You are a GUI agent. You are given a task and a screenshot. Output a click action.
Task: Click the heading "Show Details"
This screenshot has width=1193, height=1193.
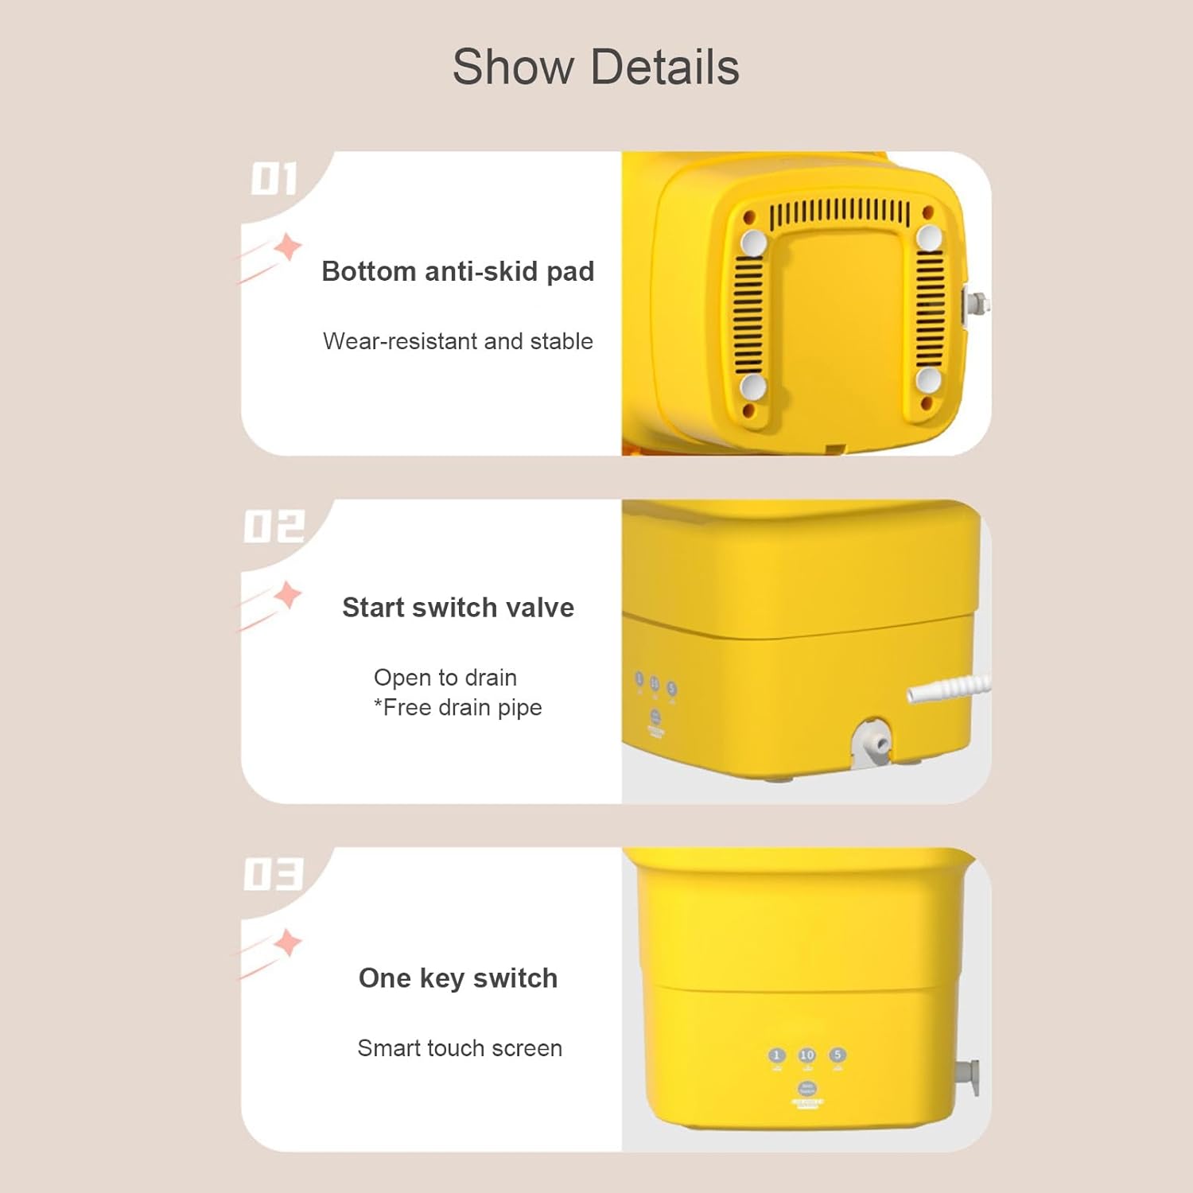click(596, 67)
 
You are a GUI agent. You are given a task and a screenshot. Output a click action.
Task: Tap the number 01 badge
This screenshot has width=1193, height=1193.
click(274, 179)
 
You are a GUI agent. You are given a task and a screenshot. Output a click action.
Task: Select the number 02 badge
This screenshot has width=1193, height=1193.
click(274, 527)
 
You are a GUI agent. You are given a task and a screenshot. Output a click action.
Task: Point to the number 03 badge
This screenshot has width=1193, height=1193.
click(274, 874)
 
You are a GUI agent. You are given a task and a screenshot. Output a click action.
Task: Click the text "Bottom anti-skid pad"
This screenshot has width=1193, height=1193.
click(457, 271)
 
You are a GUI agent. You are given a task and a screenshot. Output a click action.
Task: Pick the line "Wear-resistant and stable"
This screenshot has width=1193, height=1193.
click(457, 341)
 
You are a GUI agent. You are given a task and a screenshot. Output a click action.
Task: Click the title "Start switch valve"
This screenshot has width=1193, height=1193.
click(457, 608)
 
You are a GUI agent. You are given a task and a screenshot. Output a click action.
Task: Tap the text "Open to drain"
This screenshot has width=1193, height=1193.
click(445, 678)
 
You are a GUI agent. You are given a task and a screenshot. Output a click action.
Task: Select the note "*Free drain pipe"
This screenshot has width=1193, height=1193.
click(458, 707)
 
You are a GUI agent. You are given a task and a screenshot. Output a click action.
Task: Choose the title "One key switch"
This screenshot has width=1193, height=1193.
click(457, 978)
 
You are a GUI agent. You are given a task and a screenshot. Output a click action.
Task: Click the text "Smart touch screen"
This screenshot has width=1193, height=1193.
click(459, 1048)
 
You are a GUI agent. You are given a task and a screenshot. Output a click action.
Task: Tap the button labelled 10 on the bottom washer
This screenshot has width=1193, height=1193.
click(806, 1055)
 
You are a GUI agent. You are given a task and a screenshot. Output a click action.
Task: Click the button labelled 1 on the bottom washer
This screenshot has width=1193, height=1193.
click(777, 1055)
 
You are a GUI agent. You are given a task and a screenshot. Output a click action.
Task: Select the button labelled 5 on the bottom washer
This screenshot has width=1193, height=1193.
click(837, 1055)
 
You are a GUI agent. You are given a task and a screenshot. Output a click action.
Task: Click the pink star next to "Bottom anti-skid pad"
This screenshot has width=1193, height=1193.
click(288, 247)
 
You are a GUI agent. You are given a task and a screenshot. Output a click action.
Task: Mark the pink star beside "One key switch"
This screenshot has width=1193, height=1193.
click(288, 943)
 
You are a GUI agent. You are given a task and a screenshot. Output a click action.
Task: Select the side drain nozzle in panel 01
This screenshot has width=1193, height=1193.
click(976, 304)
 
